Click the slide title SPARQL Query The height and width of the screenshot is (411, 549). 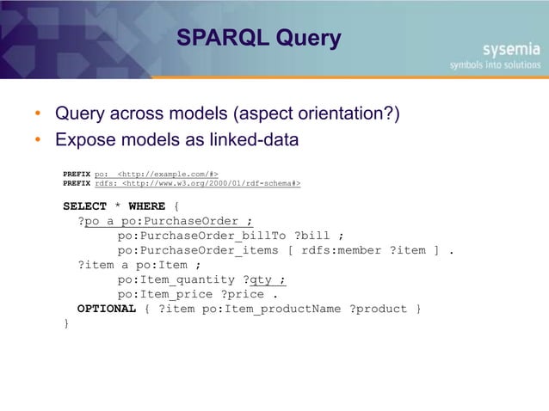[x=258, y=39]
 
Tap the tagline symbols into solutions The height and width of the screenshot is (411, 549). [x=495, y=64]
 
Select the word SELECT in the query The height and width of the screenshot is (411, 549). [x=83, y=206]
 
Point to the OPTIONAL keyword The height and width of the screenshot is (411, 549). [x=106, y=309]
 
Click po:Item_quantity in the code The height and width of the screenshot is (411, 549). [x=176, y=279]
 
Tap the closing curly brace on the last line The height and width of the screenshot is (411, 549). [x=66, y=323]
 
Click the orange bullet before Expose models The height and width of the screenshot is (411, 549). [x=39, y=140]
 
